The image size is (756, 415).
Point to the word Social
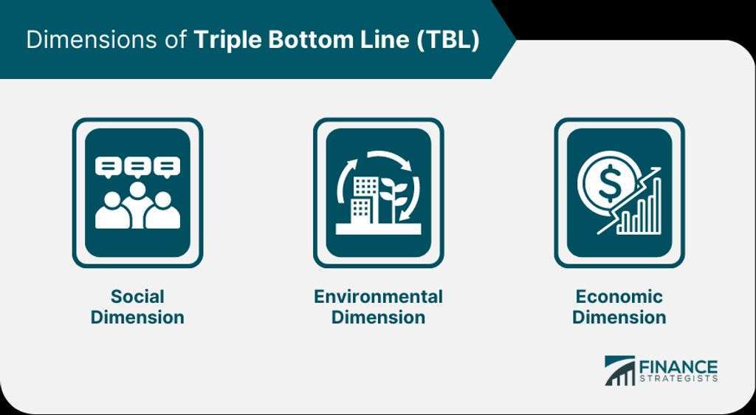[137, 296]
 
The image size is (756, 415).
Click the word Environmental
[378, 296]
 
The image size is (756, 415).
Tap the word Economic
[619, 296]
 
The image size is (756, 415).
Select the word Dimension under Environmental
[378, 317]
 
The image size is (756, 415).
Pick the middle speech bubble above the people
[138, 167]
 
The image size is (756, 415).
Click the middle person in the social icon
[138, 204]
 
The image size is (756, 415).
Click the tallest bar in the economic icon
[656, 205]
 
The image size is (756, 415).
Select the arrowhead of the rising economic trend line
[655, 172]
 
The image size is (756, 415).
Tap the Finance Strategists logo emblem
[619, 371]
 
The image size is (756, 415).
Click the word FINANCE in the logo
[678, 366]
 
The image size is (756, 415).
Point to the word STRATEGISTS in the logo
[678, 378]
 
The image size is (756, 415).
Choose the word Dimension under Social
[137, 317]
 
